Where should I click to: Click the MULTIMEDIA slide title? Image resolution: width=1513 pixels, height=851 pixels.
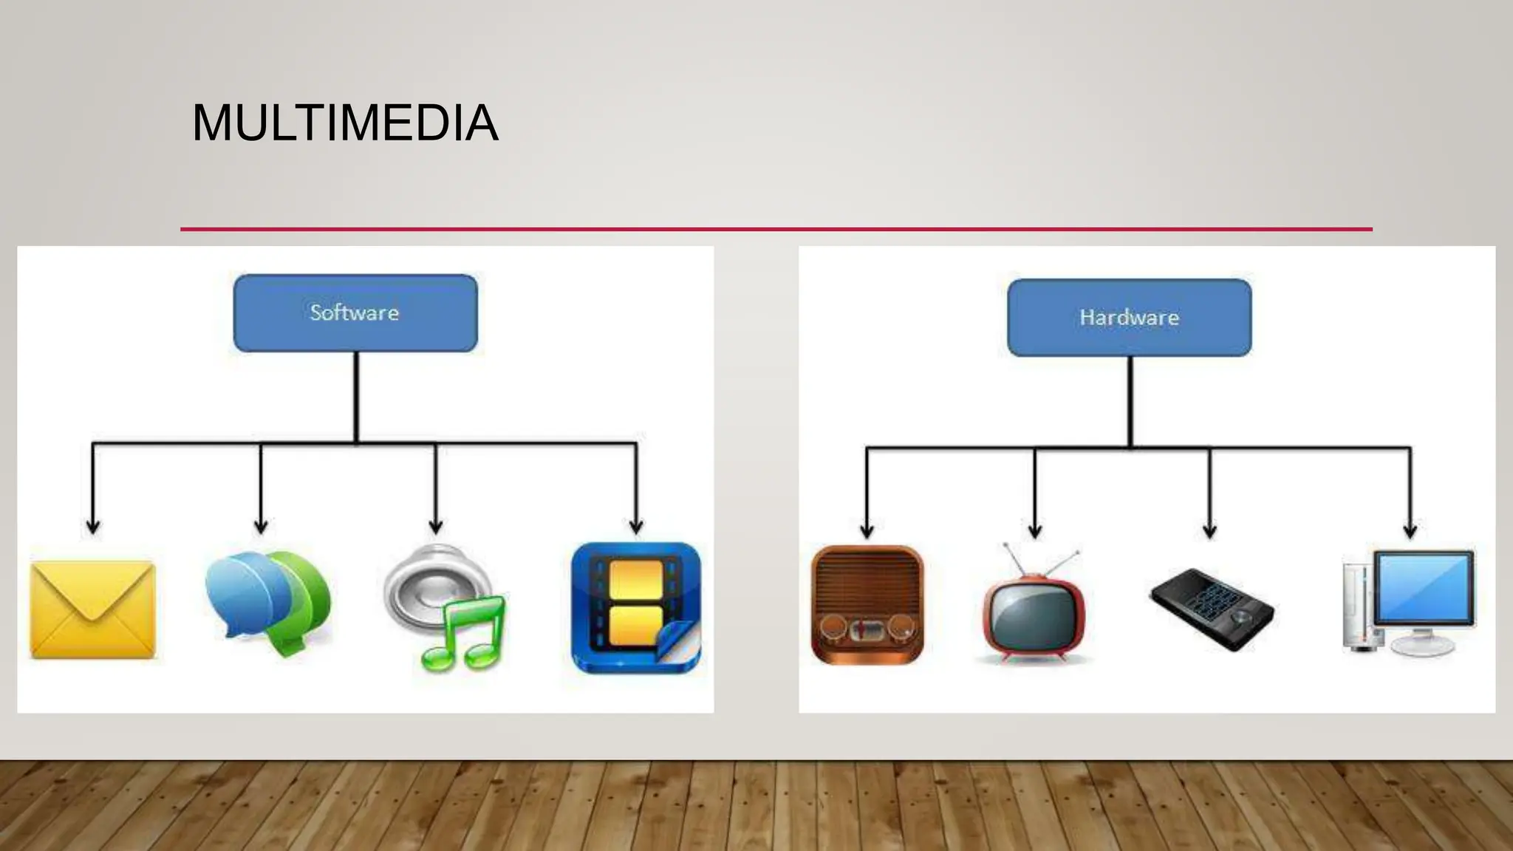345,123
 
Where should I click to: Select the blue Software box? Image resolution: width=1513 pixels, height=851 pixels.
355,313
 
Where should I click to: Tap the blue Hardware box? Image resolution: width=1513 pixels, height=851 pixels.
1129,318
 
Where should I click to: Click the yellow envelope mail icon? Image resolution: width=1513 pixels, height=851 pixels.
93,609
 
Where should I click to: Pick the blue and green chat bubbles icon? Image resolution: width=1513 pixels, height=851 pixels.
267,602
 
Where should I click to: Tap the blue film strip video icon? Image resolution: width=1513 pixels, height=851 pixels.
635,607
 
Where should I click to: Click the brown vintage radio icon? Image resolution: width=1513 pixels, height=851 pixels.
867,605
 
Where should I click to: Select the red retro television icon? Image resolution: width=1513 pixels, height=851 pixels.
1034,613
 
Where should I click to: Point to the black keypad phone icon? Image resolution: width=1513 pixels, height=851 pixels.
1212,609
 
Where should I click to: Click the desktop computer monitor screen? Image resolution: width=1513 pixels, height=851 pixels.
1424,588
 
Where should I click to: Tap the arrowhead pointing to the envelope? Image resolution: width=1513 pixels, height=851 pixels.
93,525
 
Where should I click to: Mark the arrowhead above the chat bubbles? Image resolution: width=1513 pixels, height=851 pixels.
261,525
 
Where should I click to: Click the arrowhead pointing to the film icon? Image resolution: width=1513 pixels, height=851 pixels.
636,525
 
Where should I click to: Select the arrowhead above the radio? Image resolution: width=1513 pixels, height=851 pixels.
867,530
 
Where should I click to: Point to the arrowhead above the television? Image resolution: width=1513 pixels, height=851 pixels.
1035,530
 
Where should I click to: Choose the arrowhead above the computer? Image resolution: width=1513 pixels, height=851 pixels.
1410,530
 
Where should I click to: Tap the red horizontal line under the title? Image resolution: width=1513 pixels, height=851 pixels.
776,229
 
